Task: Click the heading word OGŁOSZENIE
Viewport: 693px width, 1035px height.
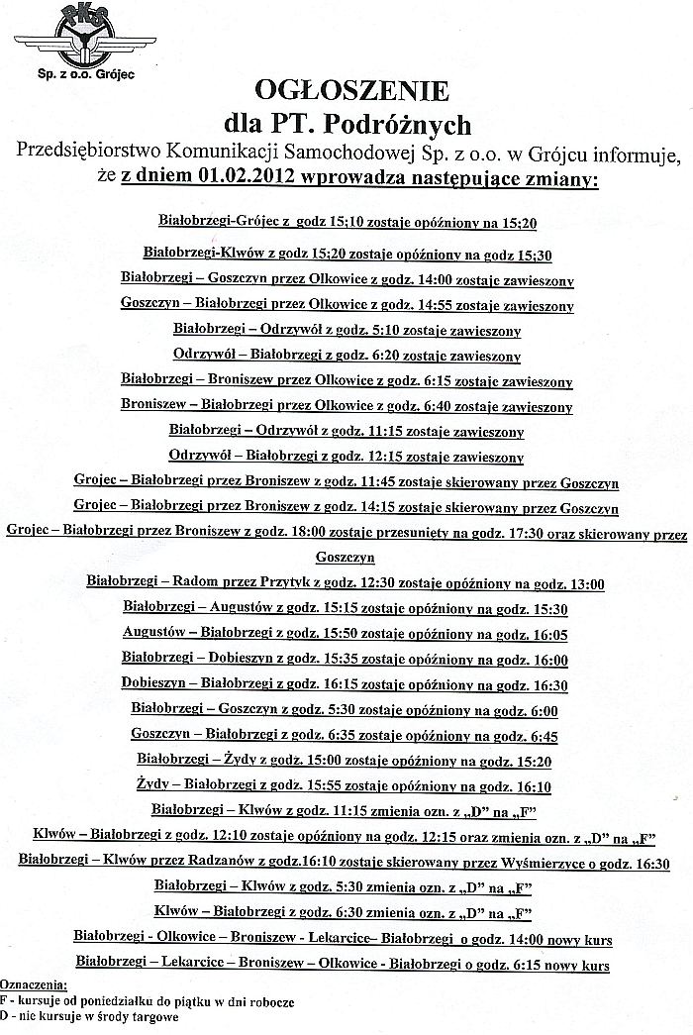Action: click(x=351, y=92)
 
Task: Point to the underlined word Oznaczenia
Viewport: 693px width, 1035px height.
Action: click(x=35, y=985)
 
